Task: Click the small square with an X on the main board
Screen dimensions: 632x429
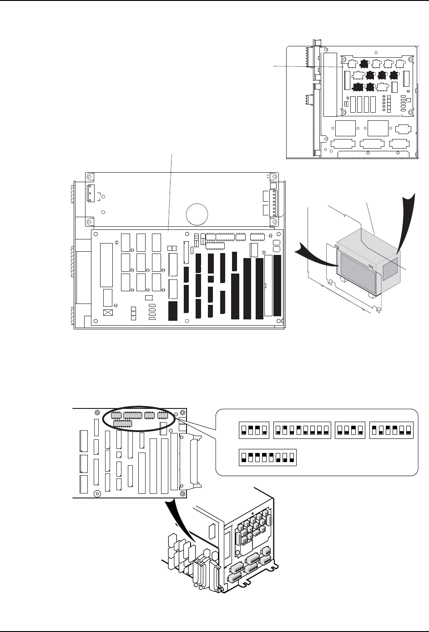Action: pos(108,313)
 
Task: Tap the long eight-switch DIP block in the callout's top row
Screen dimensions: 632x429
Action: pos(302,430)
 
